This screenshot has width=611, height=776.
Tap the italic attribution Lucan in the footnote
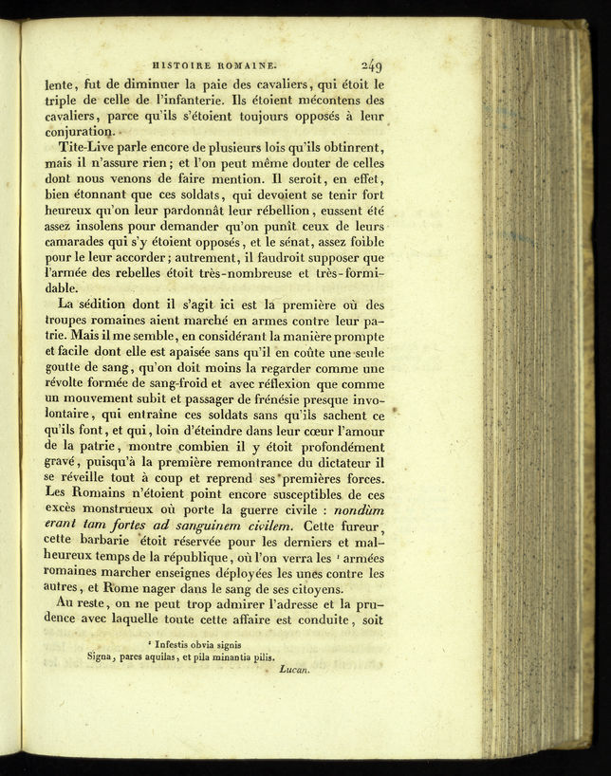click(296, 670)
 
